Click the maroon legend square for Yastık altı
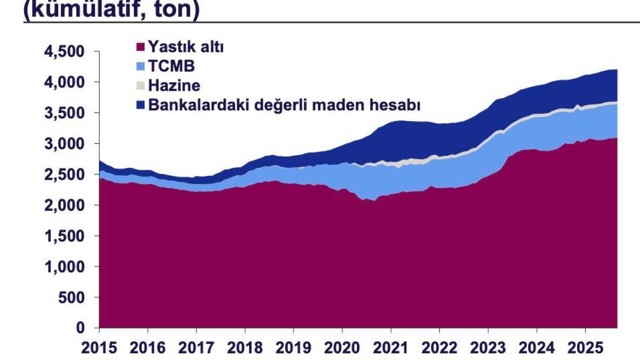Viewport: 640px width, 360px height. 141,47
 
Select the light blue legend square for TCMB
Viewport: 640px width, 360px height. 141,67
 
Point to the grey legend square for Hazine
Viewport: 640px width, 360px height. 141,86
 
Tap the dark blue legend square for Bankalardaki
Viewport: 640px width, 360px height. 141,105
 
